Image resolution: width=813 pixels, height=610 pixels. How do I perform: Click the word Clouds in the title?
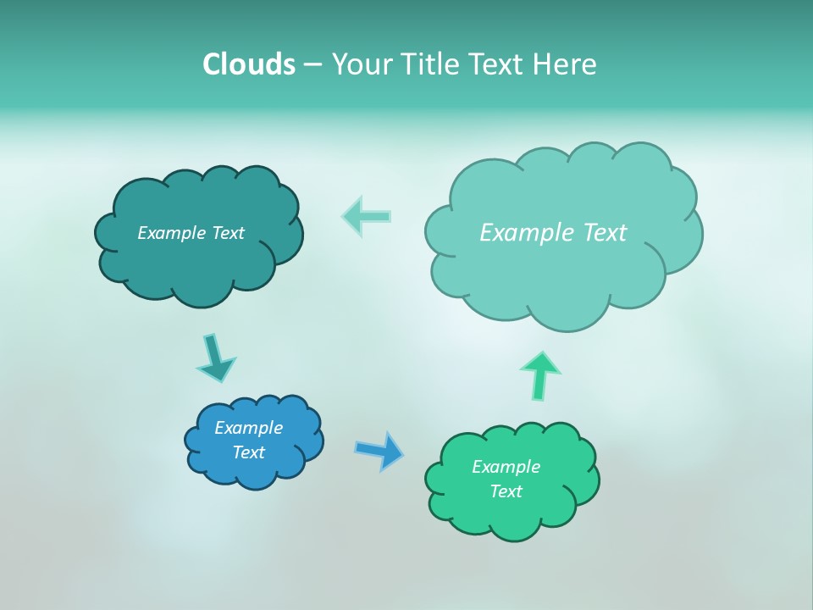click(249, 64)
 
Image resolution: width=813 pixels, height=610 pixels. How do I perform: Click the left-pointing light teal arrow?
click(366, 216)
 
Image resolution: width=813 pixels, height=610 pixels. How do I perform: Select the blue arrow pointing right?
click(379, 450)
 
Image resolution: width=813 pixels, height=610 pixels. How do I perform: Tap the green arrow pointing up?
click(539, 375)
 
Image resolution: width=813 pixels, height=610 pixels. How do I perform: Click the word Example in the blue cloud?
click(248, 428)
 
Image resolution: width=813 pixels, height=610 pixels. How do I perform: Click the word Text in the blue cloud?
click(249, 452)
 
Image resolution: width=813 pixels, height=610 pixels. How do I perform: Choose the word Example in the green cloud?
click(506, 467)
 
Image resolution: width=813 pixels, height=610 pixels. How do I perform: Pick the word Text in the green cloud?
click(506, 491)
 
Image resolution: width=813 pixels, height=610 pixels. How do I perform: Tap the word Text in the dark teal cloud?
click(228, 233)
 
